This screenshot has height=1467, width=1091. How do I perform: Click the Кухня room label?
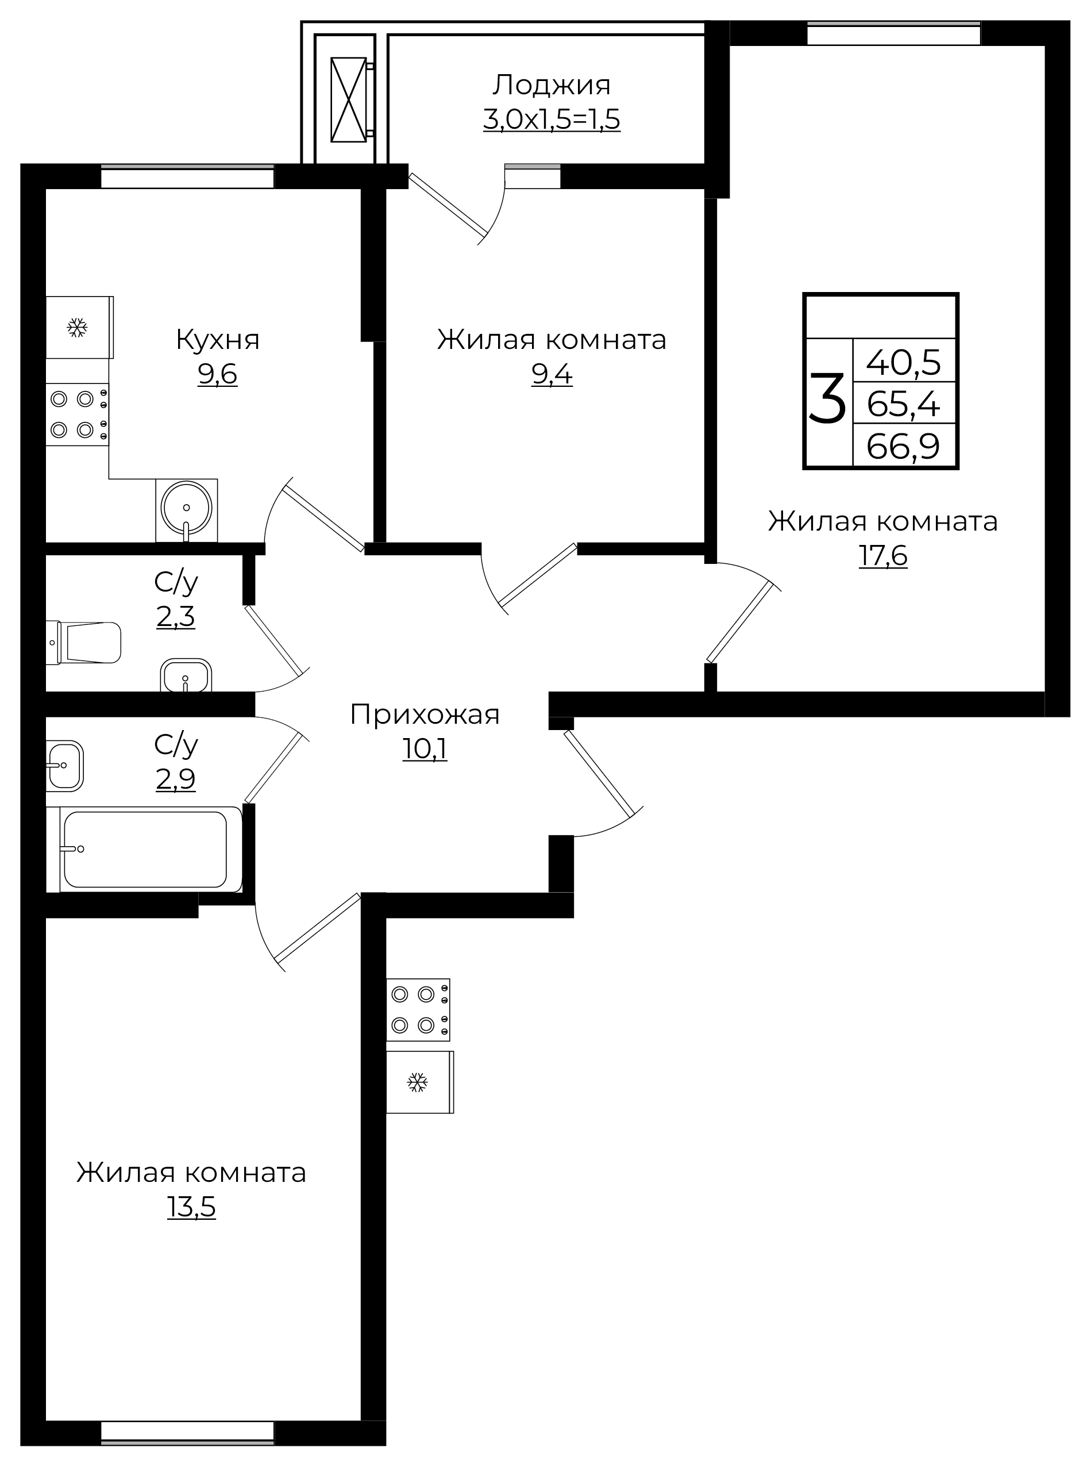[x=217, y=340]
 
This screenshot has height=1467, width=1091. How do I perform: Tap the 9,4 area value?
[x=552, y=375]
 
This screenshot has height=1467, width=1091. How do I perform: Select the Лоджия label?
[x=552, y=85]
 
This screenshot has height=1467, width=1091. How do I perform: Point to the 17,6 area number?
[x=882, y=556]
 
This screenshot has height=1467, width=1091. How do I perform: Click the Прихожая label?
[x=425, y=715]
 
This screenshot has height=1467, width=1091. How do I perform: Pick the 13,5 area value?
[x=191, y=1207]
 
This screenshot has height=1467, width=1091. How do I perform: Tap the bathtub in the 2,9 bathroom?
[x=145, y=849]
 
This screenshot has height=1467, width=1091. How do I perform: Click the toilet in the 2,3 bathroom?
[x=86, y=642]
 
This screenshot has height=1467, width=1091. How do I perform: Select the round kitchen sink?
[x=186, y=508]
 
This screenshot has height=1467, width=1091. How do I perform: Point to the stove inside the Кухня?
[x=76, y=415]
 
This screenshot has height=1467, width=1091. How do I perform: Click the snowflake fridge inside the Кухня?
[x=78, y=327]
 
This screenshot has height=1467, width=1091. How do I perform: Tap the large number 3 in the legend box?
[x=827, y=398]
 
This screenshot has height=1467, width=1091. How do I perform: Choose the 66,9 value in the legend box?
[x=903, y=447]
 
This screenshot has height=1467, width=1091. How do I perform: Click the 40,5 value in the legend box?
[x=903, y=362]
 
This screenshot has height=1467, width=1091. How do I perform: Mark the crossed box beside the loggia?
[x=348, y=100]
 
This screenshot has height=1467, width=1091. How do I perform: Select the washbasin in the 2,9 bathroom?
[x=65, y=765]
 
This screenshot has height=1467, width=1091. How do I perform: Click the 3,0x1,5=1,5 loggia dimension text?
[x=552, y=120]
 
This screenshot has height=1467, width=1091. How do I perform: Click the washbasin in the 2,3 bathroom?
[x=186, y=676]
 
